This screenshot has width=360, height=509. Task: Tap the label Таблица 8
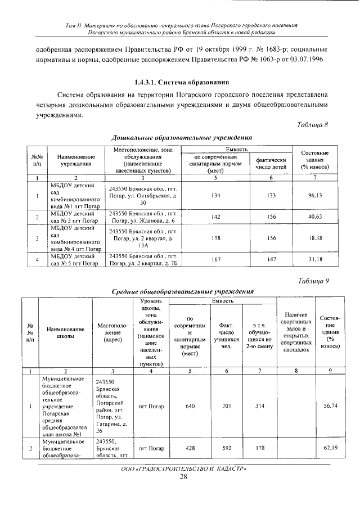pos(312,125)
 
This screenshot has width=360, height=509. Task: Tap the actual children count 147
pos(272,259)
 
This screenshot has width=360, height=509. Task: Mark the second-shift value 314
pos(259,406)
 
